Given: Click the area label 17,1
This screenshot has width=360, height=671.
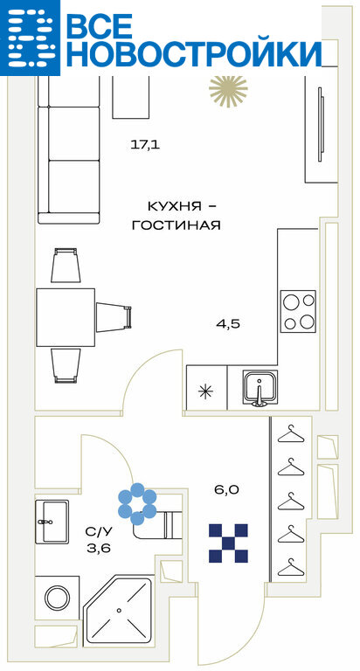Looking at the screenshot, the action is tap(145, 145).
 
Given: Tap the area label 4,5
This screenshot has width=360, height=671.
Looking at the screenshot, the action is tap(228, 324).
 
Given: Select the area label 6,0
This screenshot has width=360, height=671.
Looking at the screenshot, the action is tap(227, 490).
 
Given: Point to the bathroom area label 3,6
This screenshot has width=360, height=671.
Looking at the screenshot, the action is tap(99, 548).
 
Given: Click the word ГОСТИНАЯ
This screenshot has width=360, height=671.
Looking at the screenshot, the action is tap(176, 225).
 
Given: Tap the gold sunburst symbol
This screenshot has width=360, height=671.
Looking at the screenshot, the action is tap(228, 91).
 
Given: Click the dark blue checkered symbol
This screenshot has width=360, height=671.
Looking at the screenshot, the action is tap(228, 543).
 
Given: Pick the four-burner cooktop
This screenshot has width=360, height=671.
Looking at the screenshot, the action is tap(298, 311).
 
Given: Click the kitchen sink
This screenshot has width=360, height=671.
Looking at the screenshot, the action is tap(260, 388).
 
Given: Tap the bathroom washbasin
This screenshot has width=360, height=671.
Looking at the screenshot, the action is tap(52, 521).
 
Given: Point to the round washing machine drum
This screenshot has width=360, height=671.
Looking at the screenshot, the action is tap(58, 598).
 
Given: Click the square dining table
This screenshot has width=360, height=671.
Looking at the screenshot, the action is tap(66, 317).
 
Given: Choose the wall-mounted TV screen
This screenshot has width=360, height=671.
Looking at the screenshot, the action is tap(321, 125).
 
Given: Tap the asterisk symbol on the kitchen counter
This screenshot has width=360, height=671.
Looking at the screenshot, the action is tap(207, 391).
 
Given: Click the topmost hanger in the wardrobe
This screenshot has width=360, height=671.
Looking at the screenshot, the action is tap(291, 433).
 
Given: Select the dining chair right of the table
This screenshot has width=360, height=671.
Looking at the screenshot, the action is tap(114, 316).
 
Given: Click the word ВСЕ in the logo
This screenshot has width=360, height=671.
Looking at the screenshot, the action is tap(100, 27).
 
